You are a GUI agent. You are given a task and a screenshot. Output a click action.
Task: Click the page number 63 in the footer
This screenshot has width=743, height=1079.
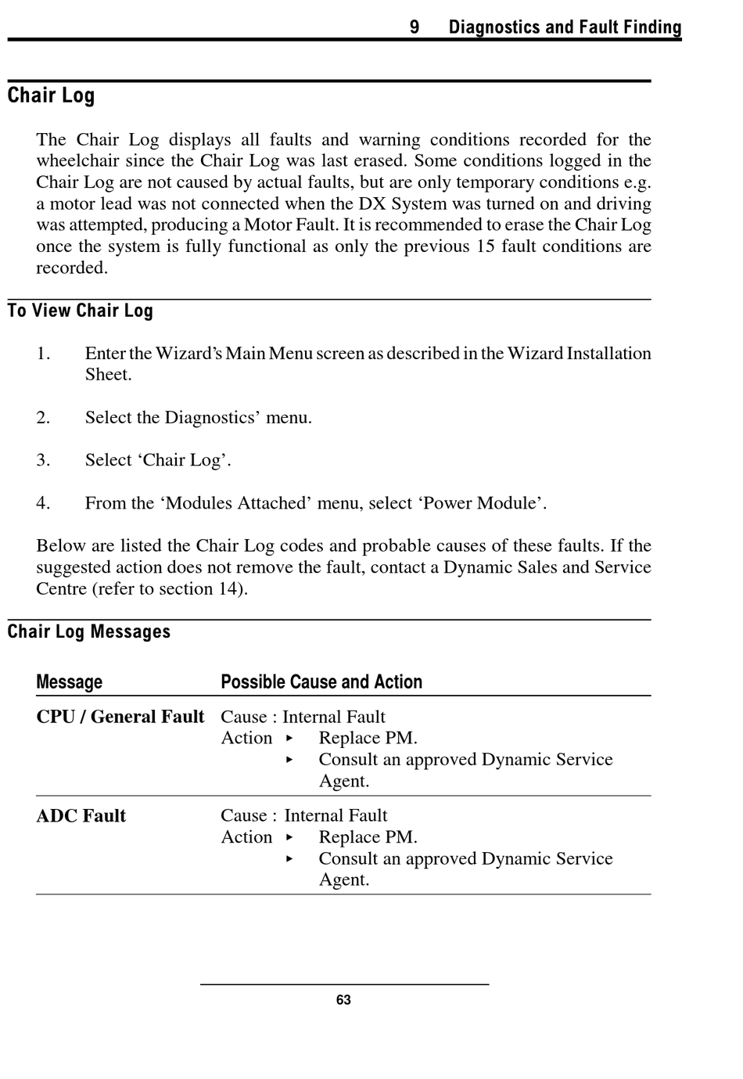pos(343,1000)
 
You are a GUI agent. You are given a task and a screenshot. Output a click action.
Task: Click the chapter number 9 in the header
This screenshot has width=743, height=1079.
pos(415,27)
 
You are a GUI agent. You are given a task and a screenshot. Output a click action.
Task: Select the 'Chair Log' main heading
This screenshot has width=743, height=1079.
pos(52,95)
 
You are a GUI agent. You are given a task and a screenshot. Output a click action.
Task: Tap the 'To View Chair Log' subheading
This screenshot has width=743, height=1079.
pos(81,311)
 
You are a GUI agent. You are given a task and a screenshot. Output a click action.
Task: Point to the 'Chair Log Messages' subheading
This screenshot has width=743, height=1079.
pos(89,631)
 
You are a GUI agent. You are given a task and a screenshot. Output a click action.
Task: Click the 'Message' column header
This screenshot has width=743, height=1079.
pos(70,682)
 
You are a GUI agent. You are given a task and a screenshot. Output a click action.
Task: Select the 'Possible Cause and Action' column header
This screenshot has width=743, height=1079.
pos(321,682)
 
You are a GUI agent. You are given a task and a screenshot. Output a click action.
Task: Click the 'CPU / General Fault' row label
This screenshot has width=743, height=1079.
pos(120,717)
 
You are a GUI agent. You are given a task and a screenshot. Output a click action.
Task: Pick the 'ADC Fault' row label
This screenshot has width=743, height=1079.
pos(81,816)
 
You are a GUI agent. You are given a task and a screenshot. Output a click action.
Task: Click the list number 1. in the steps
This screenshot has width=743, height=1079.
pos(43,354)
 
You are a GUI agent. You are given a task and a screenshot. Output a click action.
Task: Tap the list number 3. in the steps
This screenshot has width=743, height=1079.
pos(43,460)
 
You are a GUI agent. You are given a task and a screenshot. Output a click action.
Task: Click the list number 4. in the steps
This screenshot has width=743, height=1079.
pos(43,503)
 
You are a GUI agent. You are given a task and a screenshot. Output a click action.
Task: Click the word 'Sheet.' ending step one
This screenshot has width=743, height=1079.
pos(109,375)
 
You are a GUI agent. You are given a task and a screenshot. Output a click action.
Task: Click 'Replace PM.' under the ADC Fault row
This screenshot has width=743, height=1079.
pos(368,837)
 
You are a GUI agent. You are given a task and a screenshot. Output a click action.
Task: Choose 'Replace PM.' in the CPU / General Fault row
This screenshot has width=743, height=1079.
pos(368,738)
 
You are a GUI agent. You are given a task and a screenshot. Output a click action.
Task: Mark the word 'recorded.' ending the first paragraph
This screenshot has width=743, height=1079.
pos(72,268)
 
